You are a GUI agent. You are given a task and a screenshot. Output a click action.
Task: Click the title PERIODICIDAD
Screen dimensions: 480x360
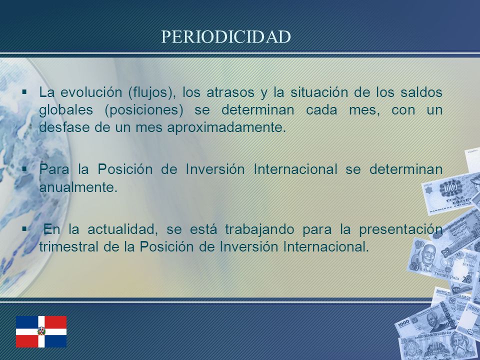(x=226, y=36)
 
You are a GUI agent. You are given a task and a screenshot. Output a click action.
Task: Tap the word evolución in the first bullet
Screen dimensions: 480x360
(x=91, y=92)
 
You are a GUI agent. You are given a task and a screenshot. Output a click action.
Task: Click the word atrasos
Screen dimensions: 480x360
(x=230, y=92)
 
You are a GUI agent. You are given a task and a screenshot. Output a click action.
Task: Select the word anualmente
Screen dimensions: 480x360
(x=78, y=187)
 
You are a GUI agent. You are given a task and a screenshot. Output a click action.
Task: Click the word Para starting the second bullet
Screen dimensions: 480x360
(x=54, y=169)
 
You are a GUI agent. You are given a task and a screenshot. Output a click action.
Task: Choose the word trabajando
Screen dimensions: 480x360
(x=259, y=230)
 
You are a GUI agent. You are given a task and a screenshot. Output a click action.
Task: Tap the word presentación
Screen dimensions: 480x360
(x=400, y=230)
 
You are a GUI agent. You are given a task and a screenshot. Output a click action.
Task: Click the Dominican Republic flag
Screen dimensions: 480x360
(x=41, y=331)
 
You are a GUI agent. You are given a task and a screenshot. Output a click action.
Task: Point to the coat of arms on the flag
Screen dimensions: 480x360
(x=41, y=331)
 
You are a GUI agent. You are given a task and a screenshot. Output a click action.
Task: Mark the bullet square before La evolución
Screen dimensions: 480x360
(x=24, y=91)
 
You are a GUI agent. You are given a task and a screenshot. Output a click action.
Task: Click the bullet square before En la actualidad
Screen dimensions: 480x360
(x=24, y=228)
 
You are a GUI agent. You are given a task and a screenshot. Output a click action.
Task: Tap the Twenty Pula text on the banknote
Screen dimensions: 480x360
(x=446, y=276)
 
